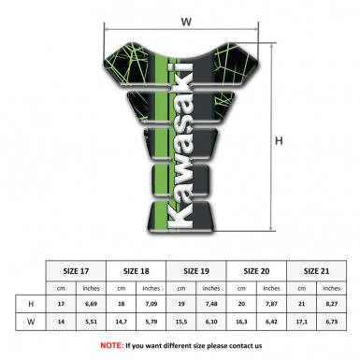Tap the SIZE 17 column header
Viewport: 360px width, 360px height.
(x=77, y=269)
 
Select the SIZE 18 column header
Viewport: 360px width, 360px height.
(x=137, y=269)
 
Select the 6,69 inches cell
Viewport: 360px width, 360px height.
(x=92, y=304)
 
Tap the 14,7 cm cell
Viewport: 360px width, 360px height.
(x=122, y=323)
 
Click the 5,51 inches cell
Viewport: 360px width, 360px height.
(x=92, y=323)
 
